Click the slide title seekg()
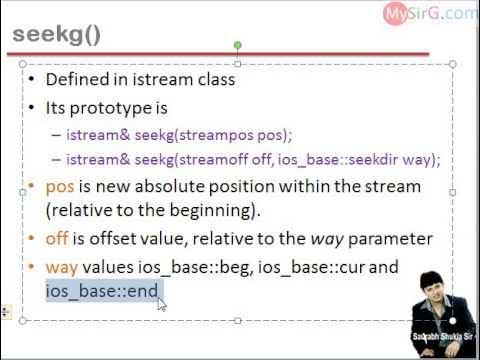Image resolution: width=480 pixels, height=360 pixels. click(56, 35)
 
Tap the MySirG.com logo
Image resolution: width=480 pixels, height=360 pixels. click(430, 13)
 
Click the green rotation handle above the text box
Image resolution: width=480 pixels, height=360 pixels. click(237, 45)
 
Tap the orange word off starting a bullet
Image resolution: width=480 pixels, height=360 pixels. click(57, 239)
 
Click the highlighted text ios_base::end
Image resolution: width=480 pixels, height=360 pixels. click(102, 291)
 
